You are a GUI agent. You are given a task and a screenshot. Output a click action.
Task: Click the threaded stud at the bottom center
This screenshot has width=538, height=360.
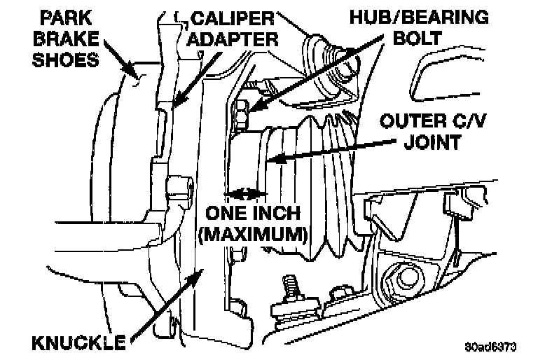[x=288, y=286]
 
